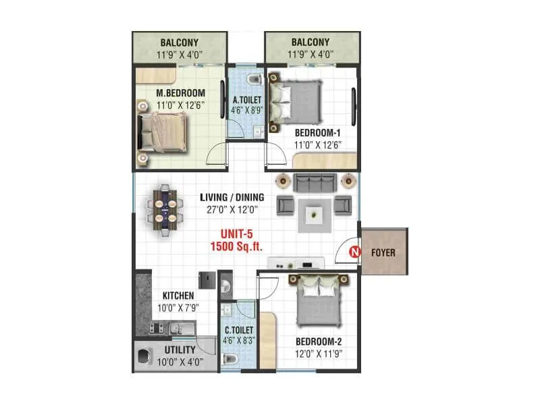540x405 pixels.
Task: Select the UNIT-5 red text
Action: (231, 236)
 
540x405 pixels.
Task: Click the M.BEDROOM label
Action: (180, 92)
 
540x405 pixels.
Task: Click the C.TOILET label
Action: (238, 330)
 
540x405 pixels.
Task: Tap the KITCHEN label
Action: (178, 296)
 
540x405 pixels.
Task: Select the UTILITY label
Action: (180, 350)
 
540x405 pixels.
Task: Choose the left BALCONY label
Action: (180, 43)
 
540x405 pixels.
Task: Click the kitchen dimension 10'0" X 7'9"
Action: (178, 307)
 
